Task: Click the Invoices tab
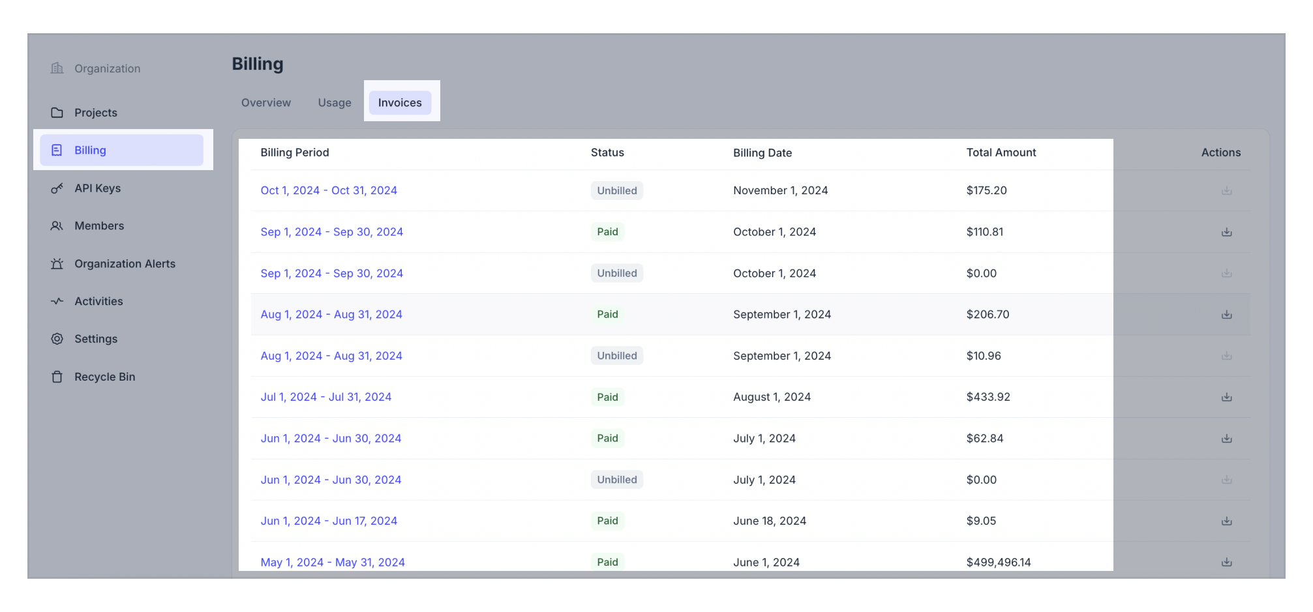400,102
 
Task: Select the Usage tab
335,102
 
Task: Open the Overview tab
266,102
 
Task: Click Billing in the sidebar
90,150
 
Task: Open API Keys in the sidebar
97,188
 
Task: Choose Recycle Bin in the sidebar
104,377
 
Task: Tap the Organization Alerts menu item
125,264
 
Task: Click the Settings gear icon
57,339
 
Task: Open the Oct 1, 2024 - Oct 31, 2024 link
329,190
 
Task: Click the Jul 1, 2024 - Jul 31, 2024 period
326,397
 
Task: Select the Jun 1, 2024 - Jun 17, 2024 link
329,521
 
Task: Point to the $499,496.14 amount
999,562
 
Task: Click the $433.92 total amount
988,397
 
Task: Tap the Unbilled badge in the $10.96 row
616,356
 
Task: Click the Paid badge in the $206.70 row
607,314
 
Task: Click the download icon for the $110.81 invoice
1226,232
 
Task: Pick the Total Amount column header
1001,153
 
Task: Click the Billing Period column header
295,153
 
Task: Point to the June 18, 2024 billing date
770,521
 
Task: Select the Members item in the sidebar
99,226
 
